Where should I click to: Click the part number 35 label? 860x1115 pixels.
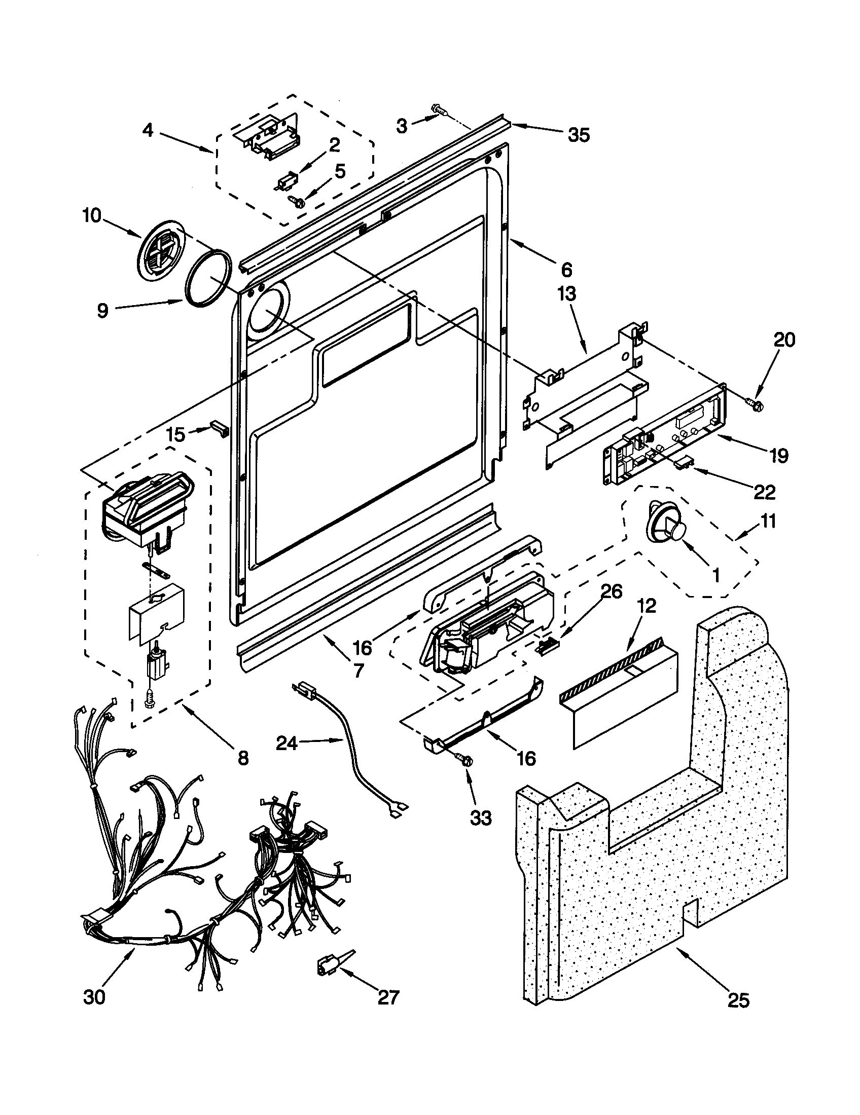click(x=579, y=135)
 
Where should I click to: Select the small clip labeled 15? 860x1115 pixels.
click(x=220, y=428)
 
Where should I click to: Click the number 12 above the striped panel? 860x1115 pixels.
click(x=646, y=606)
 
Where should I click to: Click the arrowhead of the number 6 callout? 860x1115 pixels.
click(x=512, y=240)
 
